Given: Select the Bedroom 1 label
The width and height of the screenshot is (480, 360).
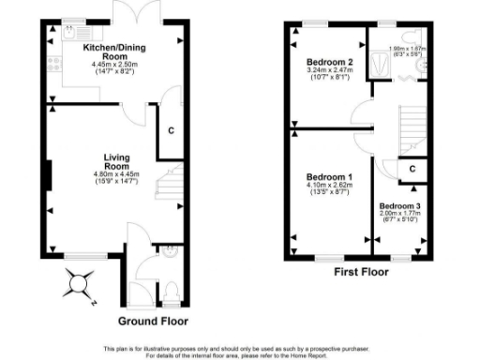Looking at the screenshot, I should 330,177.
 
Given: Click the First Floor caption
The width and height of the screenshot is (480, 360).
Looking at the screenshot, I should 361,273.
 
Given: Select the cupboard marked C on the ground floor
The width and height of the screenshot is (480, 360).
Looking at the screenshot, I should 170,131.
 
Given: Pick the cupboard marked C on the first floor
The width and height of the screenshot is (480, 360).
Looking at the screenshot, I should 412,168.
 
